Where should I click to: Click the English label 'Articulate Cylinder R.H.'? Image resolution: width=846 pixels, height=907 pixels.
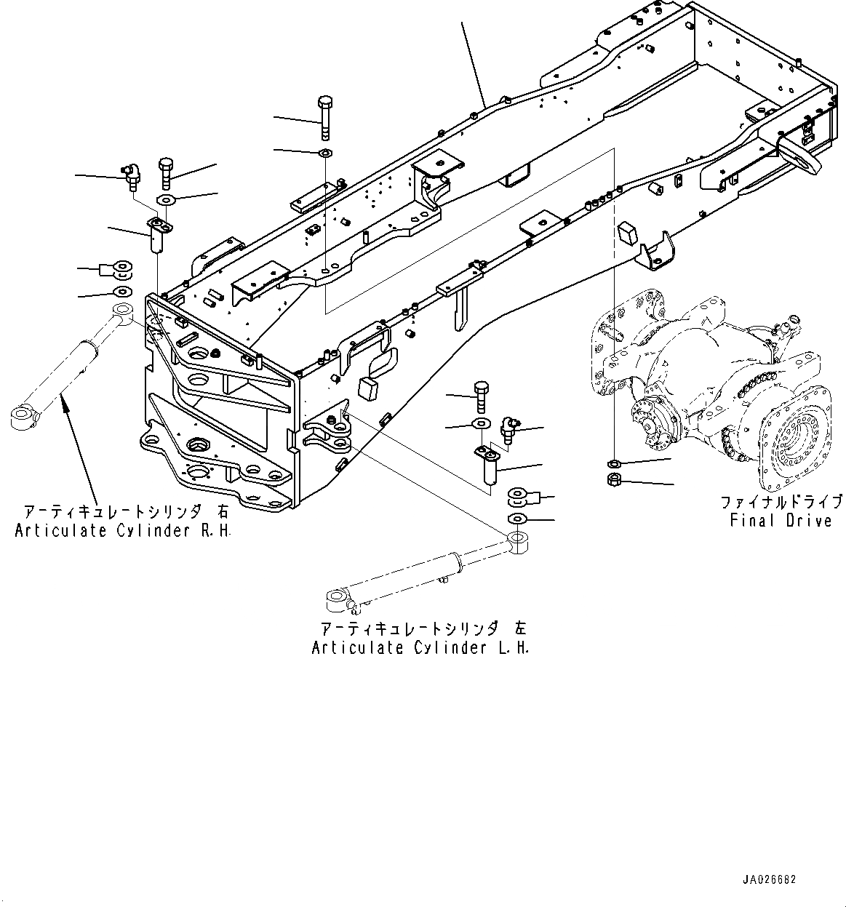123,531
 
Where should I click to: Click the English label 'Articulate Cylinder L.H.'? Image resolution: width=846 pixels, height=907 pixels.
420,647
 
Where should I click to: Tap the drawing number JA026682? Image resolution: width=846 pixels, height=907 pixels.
769,879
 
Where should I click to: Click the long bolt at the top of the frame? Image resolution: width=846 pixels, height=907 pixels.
324,117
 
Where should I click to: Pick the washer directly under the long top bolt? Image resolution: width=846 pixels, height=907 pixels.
325,153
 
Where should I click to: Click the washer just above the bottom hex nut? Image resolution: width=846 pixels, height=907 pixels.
613,463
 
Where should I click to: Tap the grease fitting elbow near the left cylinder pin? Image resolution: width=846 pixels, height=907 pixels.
510,425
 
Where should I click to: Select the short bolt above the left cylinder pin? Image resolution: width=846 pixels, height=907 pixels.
480,393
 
